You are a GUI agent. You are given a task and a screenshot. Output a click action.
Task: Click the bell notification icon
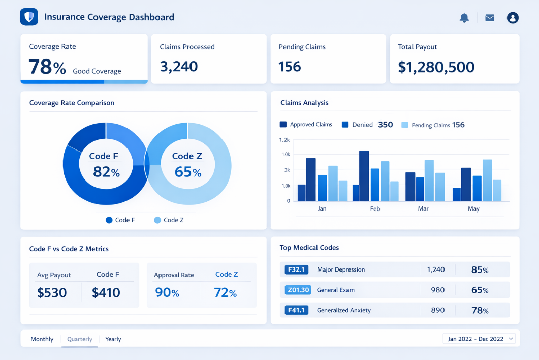click(x=464, y=18)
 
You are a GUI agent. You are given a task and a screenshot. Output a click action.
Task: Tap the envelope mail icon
click(x=490, y=18)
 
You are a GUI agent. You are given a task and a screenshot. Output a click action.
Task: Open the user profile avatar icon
click(x=513, y=18)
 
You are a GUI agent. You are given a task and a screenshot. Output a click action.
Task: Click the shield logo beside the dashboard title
click(x=29, y=17)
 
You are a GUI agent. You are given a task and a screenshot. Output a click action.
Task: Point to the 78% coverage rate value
click(x=47, y=67)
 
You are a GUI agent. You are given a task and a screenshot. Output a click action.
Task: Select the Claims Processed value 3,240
click(x=179, y=66)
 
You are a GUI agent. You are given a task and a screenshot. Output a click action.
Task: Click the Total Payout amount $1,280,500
click(x=436, y=67)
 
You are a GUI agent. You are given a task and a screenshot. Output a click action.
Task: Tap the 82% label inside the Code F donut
click(x=106, y=172)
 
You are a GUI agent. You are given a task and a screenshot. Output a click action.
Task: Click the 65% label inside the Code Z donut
click(x=187, y=172)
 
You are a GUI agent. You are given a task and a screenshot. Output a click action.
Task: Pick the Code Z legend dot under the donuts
click(x=157, y=220)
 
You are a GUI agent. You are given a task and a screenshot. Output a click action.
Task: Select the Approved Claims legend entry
click(x=306, y=125)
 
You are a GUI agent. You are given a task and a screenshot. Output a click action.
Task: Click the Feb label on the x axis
click(x=375, y=209)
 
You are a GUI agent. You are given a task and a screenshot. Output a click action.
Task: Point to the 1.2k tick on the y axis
click(x=284, y=140)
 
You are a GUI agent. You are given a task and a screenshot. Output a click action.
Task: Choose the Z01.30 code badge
click(x=298, y=290)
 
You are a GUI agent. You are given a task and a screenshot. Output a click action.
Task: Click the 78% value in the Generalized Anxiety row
click(x=480, y=310)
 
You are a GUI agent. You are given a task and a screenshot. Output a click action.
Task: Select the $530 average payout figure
click(x=52, y=292)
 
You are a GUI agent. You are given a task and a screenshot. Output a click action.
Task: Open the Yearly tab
click(x=113, y=339)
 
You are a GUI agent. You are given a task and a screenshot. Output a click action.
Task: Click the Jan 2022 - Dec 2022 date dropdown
click(x=479, y=339)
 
